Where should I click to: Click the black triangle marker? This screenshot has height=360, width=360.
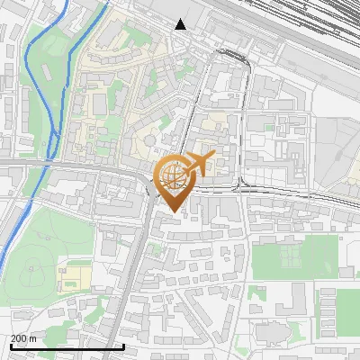tap(181, 24)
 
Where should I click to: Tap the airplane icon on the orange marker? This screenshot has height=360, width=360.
tap(200, 165)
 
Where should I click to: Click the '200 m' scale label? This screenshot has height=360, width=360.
tap(24, 337)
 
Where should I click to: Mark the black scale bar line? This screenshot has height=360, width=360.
tap(67, 346)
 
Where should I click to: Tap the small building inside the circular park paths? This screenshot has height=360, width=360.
tap(34, 266)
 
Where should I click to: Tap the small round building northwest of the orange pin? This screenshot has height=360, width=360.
tap(148, 140)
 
